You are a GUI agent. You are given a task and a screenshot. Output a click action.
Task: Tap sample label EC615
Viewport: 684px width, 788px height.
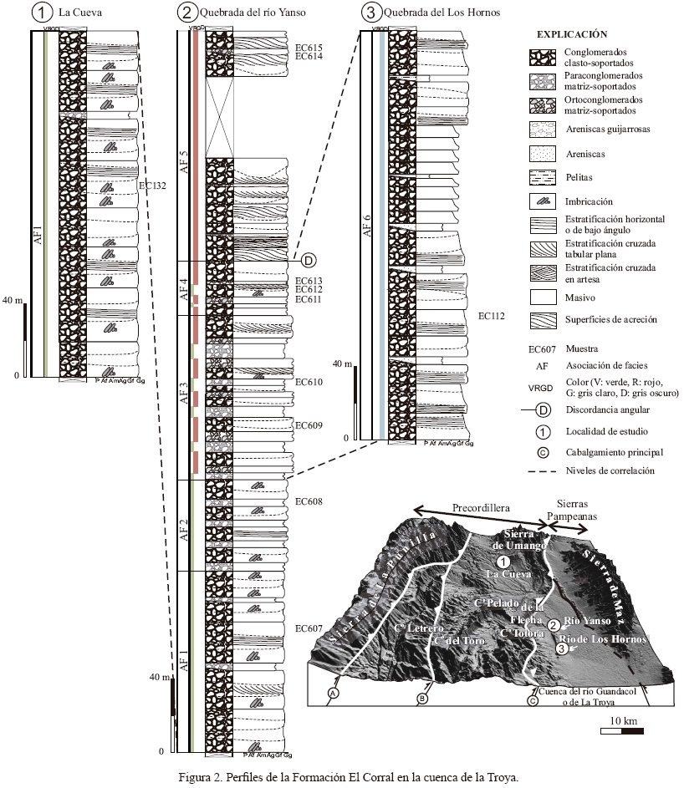pyautogui.click(x=309, y=48)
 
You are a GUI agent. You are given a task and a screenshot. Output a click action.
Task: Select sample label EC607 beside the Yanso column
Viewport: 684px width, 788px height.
pyautogui.click(x=309, y=628)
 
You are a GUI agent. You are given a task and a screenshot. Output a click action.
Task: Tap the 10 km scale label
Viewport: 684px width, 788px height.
pyautogui.click(x=625, y=720)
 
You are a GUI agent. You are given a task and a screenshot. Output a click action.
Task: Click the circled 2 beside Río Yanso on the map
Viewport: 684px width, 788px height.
pyautogui.click(x=554, y=624)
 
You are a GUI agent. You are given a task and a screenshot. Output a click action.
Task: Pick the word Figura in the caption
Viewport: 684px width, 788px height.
pyautogui.click(x=197, y=776)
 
